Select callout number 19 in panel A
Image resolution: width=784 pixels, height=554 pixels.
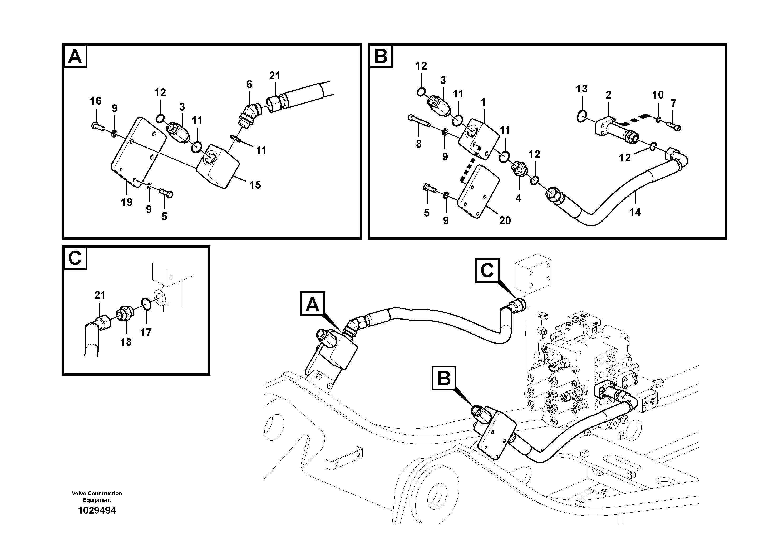click(126, 202)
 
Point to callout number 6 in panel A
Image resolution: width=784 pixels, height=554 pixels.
click(249, 84)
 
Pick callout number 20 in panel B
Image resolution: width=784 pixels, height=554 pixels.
click(505, 220)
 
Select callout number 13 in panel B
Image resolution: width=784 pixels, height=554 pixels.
click(581, 89)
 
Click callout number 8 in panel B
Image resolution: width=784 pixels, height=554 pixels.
click(419, 144)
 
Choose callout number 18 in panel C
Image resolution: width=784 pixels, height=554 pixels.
click(126, 342)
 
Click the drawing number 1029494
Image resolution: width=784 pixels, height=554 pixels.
click(97, 511)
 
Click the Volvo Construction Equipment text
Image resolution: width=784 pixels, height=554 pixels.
click(97, 496)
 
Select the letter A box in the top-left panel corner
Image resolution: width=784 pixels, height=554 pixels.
click(75, 56)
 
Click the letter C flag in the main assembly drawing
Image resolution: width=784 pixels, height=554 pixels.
click(487, 271)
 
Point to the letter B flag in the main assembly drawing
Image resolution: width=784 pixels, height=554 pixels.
click(444, 378)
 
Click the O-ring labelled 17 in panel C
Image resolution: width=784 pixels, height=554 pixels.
click(146, 303)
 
